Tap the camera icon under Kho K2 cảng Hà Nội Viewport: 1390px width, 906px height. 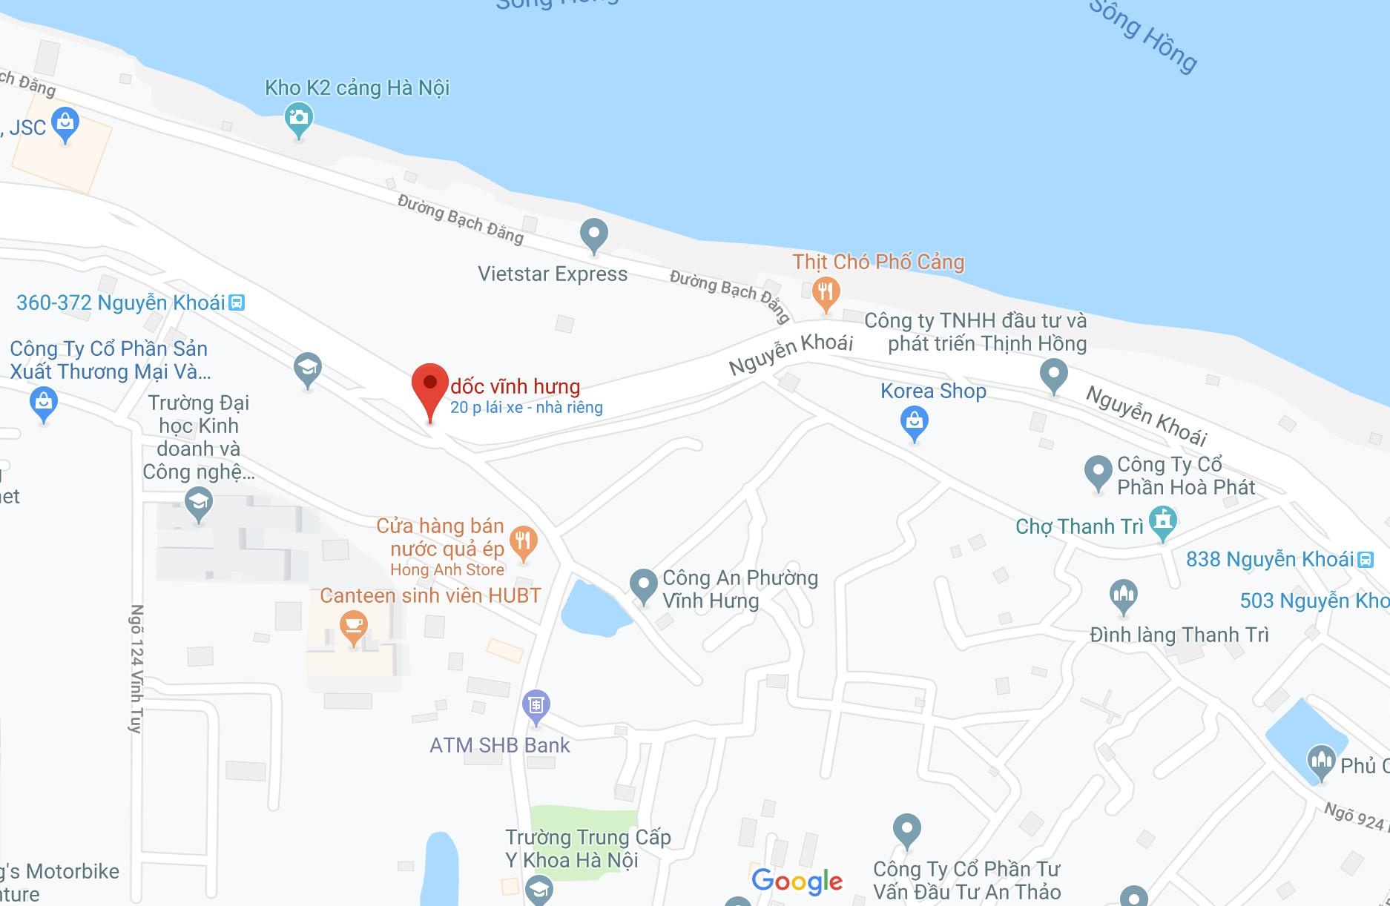pos(298,118)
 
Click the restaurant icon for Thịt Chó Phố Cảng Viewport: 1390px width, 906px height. pos(825,291)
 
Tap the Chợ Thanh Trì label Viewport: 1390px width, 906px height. pos(1079,526)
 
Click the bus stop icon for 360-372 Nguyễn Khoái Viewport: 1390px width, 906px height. pos(237,302)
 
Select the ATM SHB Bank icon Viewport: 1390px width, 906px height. pos(536,704)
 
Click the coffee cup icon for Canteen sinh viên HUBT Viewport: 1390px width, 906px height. pos(353,626)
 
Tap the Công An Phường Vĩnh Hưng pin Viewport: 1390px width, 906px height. pos(643,583)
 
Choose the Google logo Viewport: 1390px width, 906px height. pos(797,881)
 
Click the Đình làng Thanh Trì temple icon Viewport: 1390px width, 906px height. pos(1123,595)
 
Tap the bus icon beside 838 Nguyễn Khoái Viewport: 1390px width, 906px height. pos(1366,560)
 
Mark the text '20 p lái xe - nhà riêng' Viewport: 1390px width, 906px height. pos(526,407)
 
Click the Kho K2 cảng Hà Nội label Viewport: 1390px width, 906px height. pos(358,87)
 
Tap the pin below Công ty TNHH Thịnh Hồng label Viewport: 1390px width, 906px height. pos(1053,374)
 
